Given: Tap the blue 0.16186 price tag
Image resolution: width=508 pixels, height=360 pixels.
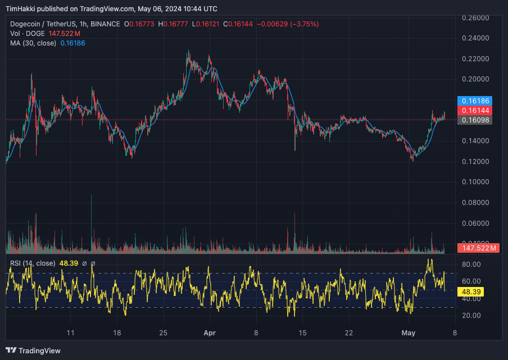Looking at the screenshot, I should point(475,101).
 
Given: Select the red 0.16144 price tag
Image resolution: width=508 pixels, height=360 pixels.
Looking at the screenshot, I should point(475,110).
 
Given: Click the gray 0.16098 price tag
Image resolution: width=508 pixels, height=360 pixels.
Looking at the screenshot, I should point(475,120).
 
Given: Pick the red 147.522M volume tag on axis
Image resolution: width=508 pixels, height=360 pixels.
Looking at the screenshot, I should point(479,248).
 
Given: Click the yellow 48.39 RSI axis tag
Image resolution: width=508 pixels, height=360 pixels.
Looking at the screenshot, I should point(471,292).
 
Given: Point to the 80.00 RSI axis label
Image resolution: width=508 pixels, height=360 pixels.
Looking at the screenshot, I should point(471,265).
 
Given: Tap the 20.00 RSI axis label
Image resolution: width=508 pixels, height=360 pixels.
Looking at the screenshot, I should point(471,316).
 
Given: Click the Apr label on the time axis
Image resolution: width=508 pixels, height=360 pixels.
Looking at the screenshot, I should point(209,333).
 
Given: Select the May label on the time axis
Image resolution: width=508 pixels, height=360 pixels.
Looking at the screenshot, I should point(409,333).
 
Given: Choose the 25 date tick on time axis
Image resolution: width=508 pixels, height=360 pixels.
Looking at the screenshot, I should point(163,333).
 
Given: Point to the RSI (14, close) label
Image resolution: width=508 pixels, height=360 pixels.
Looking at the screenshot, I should point(33,263).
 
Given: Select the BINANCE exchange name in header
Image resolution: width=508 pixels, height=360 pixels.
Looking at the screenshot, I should point(105,24).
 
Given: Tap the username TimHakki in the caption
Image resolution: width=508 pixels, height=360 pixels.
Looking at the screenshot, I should point(22,9).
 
